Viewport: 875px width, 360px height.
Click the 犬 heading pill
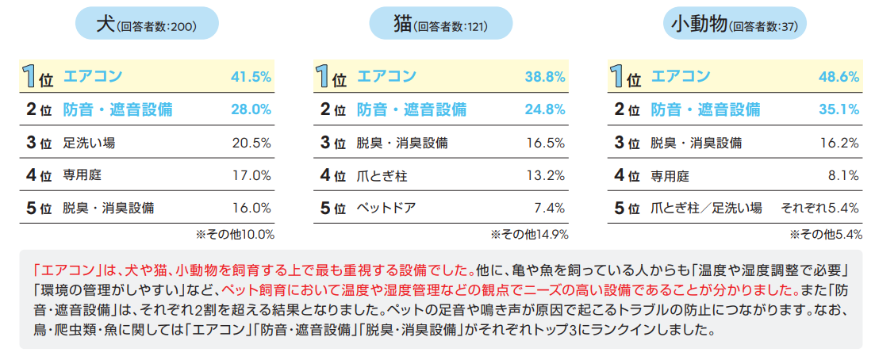[146, 25]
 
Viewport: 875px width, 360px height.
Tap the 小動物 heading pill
[733, 25]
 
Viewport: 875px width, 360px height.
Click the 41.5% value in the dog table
[251, 77]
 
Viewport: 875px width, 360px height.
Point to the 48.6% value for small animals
[839, 77]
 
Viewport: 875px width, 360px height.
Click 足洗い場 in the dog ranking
[90, 143]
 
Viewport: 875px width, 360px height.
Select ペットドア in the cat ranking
[386, 209]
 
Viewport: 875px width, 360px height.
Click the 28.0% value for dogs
[251, 109]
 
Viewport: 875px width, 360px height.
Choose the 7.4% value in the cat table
[550, 209]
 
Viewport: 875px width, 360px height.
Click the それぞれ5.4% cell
[820, 209]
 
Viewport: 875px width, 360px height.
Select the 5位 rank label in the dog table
[39, 209]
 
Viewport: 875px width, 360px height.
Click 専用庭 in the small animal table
[670, 175]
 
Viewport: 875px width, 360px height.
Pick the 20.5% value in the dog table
[252, 143]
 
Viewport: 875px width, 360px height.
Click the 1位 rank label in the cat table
[332, 77]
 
